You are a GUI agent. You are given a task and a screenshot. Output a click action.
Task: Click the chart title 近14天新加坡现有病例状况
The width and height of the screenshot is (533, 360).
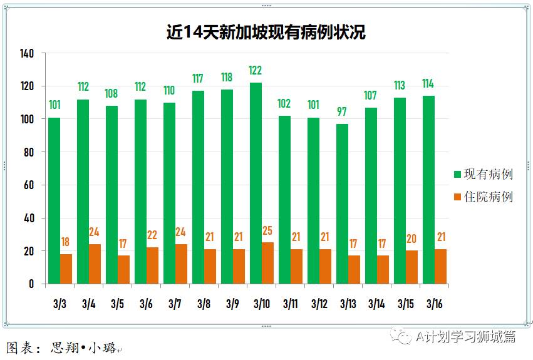click(266, 32)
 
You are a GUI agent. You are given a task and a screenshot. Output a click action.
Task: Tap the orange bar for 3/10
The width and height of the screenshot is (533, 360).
click(267, 263)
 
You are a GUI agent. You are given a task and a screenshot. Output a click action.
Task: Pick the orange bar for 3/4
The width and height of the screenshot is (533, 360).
click(95, 264)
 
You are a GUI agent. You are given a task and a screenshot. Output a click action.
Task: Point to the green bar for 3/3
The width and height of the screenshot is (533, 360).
click(54, 200)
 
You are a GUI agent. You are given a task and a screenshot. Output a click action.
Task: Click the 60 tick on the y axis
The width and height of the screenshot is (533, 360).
click(28, 185)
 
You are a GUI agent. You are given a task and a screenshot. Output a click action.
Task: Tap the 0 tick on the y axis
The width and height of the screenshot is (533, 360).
click(31, 284)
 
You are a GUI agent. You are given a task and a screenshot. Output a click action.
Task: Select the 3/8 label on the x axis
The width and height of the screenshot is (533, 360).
click(204, 304)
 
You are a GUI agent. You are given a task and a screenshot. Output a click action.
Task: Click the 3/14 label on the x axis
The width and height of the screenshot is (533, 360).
click(376, 304)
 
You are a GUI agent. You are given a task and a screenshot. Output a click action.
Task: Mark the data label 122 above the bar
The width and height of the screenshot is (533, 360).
click(256, 69)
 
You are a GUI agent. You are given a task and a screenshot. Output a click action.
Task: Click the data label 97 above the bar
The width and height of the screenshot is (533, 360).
click(342, 111)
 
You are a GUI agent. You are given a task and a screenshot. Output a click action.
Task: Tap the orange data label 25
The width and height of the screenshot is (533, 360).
click(267, 230)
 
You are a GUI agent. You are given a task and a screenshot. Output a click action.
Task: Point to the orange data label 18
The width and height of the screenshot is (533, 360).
click(66, 242)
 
